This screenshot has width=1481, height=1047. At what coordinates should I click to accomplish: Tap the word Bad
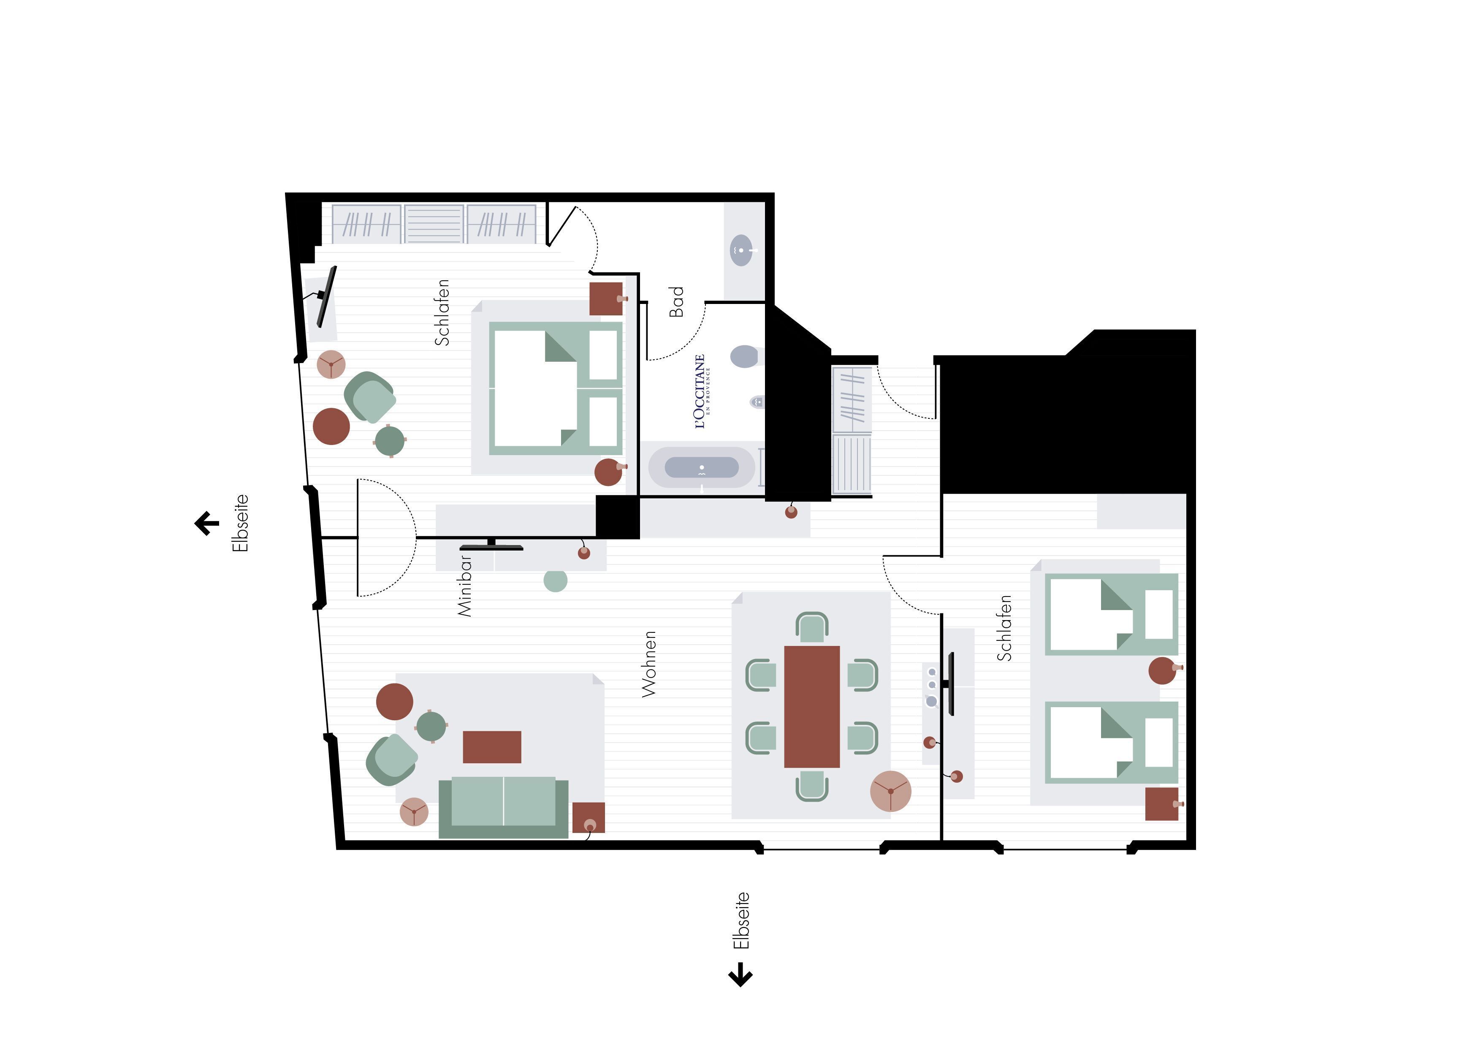[676, 302]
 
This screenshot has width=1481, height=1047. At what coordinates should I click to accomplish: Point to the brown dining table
[811, 706]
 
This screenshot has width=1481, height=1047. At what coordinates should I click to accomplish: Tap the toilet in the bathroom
[746, 356]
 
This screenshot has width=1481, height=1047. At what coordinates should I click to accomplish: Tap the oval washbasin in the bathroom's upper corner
[741, 250]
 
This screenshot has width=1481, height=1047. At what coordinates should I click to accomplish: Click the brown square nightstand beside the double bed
[606, 298]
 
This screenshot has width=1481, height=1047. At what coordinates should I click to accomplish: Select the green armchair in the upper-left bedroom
[369, 397]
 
